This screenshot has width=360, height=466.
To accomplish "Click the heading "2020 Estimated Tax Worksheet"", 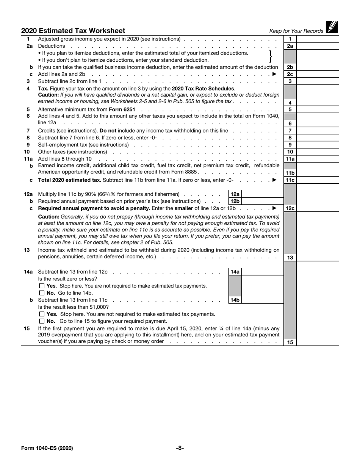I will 73,31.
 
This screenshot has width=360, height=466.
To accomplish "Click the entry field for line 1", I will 318,39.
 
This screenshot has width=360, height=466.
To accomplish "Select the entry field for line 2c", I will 318,74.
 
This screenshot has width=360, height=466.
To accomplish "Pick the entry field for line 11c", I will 318,180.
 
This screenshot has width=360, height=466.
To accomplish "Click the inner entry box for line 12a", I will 262,194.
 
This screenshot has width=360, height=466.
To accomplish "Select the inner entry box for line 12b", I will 262,201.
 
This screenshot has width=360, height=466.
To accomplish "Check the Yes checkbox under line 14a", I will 42,286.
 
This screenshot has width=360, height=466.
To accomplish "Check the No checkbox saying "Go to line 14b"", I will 42,293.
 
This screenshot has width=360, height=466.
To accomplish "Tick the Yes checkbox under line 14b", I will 42,314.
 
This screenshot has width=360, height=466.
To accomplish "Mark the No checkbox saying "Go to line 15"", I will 42,321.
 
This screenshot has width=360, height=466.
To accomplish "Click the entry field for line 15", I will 318,342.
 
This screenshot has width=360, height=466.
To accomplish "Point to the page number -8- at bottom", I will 180,448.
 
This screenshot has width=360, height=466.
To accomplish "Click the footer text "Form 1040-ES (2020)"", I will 47,448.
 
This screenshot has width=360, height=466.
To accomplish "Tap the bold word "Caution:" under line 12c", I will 49,217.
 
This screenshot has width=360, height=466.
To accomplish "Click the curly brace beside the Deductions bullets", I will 270,56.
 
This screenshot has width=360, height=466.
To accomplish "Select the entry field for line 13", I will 318,257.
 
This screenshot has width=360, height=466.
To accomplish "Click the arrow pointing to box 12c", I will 275,208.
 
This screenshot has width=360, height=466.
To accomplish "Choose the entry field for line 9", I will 318,145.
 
